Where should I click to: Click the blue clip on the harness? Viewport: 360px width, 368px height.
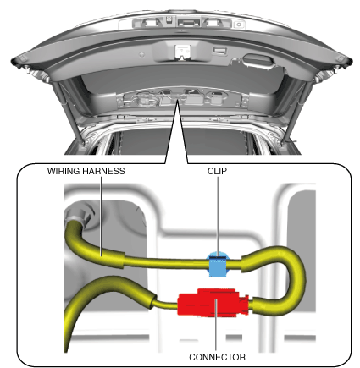(218, 264)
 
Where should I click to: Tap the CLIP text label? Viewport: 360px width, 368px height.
(217, 171)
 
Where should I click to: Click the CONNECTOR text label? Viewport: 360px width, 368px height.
(217, 357)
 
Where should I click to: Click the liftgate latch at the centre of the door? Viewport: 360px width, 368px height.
(183, 52)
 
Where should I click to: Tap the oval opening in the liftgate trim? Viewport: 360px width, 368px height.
(258, 60)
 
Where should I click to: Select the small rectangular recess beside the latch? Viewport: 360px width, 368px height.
(220, 50)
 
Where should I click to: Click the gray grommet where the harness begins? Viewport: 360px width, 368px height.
(78, 215)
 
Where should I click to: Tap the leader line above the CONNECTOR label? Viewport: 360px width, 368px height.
(216, 326)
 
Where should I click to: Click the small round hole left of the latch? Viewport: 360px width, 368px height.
(142, 54)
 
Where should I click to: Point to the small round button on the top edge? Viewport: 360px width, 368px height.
(239, 25)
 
